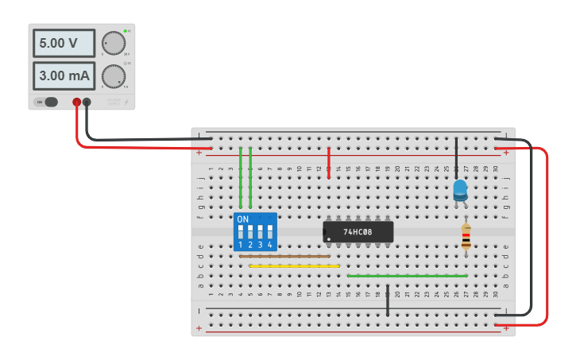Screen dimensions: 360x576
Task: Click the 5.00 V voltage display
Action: [x=64, y=44]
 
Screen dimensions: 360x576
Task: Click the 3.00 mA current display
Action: [x=64, y=76]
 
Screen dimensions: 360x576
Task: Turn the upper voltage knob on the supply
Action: [x=114, y=43]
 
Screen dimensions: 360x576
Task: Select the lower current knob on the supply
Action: [x=114, y=75]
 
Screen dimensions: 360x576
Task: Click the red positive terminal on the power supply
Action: [x=77, y=102]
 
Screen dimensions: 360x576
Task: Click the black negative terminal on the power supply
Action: [x=87, y=102]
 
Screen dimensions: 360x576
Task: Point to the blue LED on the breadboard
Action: [x=460, y=190]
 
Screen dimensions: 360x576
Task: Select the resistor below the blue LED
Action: [x=466, y=237]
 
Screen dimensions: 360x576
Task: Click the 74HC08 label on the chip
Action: [x=358, y=232]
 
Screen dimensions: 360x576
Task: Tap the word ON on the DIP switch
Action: [x=242, y=219]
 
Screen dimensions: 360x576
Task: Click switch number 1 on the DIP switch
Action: [x=240, y=234]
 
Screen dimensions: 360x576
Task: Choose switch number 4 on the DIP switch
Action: [x=270, y=234]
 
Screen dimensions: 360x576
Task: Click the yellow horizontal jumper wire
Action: [x=294, y=266]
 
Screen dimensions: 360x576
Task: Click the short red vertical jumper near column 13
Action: [x=329, y=162]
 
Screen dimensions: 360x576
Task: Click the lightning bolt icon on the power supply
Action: [x=127, y=102]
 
